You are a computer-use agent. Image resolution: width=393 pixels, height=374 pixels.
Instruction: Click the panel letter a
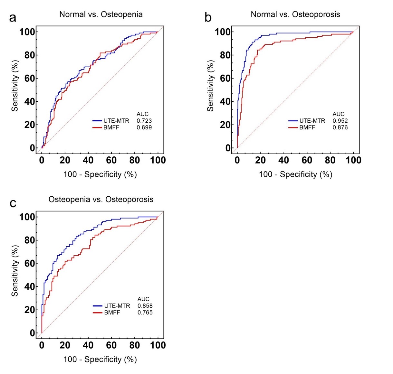click(x=13, y=18)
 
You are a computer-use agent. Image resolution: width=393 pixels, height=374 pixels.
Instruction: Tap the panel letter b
click(x=208, y=18)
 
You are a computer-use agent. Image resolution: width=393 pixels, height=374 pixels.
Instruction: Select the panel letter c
click(x=13, y=203)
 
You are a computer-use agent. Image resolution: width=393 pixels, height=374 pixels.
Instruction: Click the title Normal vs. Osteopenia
click(x=101, y=14)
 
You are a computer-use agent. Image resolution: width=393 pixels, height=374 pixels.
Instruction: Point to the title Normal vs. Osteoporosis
click(x=295, y=14)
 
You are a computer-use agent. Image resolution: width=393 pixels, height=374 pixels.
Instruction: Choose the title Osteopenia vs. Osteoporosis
click(x=101, y=200)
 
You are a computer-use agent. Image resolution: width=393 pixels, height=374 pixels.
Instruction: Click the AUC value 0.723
click(x=144, y=121)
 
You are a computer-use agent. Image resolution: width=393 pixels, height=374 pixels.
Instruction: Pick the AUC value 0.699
click(x=144, y=127)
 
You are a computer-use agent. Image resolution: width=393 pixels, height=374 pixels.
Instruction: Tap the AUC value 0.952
click(x=340, y=121)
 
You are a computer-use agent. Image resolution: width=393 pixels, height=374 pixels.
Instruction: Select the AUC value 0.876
click(x=340, y=127)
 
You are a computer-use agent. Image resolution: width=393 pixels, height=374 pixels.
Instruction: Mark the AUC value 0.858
click(x=145, y=306)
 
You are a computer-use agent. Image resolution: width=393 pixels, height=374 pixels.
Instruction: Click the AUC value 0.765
click(x=145, y=313)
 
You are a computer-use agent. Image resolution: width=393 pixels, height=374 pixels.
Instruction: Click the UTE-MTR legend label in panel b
click(x=312, y=121)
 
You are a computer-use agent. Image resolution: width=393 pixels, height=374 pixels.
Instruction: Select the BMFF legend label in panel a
click(x=111, y=127)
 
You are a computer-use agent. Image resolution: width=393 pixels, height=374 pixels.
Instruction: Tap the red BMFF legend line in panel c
click(x=97, y=313)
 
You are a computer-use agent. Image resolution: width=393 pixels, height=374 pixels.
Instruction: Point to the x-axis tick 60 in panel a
click(x=111, y=160)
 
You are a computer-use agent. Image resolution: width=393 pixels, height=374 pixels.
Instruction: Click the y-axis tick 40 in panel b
click(x=225, y=102)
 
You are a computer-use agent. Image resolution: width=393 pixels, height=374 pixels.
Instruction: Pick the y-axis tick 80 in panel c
click(x=29, y=240)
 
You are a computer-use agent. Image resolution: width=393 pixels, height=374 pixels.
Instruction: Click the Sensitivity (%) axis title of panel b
click(x=210, y=86)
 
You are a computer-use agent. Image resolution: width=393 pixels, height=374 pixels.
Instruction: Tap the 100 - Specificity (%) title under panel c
click(x=100, y=360)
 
